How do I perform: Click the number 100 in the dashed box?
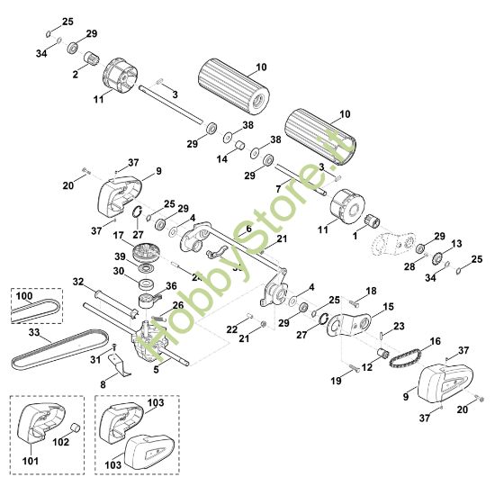coord(24,295)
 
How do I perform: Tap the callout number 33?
coord(33,333)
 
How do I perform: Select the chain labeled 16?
coord(399,357)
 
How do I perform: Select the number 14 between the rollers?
coord(222,158)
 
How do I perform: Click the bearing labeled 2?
coord(91,61)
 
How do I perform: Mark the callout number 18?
coord(371,292)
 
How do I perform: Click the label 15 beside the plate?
coord(390,307)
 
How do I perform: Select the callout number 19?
coord(335,381)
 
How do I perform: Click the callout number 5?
coord(157,368)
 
